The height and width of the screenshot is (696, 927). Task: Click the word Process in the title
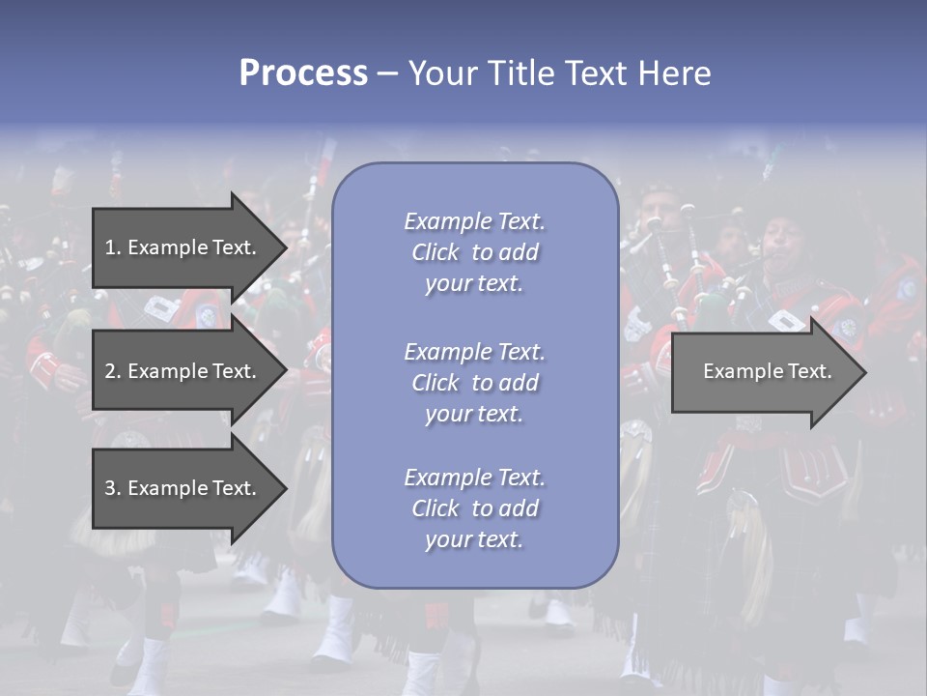coord(303,73)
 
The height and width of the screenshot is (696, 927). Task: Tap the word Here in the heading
coord(673,73)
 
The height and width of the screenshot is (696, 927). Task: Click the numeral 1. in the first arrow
coord(112,247)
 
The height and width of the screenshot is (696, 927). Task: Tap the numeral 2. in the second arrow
coord(112,371)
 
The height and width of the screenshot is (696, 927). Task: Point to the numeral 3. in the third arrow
coord(112,488)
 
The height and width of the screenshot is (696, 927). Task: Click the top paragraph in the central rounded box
coord(474,252)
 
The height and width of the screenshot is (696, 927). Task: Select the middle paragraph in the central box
coord(474,383)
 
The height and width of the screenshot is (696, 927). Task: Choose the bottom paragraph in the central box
coord(474,508)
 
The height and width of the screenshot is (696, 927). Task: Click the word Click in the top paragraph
coord(435,252)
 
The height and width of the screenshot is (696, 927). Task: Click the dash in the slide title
coord(387,73)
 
